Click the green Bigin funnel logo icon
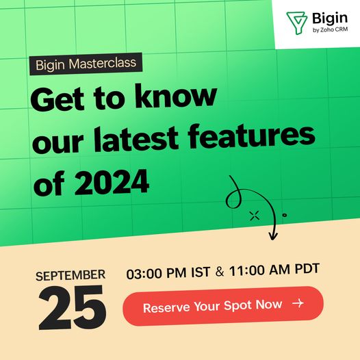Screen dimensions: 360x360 tap(296, 23)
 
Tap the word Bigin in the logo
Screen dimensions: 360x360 tap(330, 18)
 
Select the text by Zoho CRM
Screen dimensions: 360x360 tap(330, 29)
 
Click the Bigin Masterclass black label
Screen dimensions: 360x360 tap(86, 64)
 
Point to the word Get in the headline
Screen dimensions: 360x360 tap(57, 99)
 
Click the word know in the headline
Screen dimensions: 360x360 tap(176, 97)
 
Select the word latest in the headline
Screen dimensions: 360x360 tap(136, 139)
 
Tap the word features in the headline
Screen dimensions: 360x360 tap(251, 136)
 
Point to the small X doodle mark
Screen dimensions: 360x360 tap(255, 216)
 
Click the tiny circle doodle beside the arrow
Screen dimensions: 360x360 tap(285, 215)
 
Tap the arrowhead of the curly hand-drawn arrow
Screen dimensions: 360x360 tap(273, 237)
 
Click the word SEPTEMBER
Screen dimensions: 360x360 tap(70, 275)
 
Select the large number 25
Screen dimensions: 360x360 tap(72, 307)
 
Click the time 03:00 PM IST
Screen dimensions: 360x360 tap(168, 273)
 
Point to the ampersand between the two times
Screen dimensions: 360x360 tap(220, 272)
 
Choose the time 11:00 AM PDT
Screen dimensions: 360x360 tap(274, 269)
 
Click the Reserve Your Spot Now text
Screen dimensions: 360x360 tap(213, 306)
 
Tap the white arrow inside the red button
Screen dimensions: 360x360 tap(298, 303)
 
